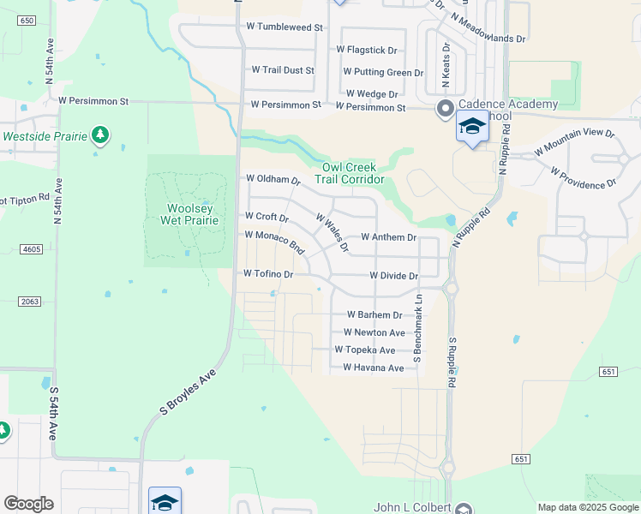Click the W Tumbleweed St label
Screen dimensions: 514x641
(281, 27)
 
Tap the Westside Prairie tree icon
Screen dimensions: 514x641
(100, 135)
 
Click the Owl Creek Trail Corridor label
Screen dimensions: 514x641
(353, 173)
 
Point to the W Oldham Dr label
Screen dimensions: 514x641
(273, 180)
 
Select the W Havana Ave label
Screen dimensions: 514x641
(373, 368)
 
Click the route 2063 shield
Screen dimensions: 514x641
(29, 301)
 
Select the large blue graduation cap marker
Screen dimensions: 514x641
(472, 127)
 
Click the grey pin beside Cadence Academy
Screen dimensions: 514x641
(445, 109)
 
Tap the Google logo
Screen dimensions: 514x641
(28, 503)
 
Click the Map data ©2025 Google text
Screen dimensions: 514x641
(587, 507)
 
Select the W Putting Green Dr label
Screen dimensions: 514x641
(383, 73)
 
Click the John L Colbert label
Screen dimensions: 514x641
(412, 507)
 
